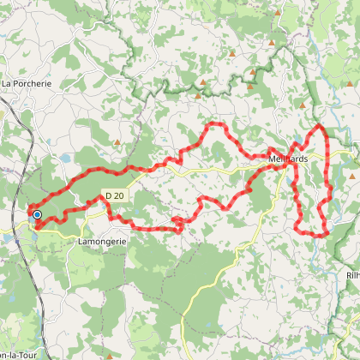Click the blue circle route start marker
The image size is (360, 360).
[x=37, y=214]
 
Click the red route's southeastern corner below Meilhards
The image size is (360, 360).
[x=326, y=233]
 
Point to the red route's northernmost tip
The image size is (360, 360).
[x=321, y=126]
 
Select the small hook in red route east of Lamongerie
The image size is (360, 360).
[x=178, y=224]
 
